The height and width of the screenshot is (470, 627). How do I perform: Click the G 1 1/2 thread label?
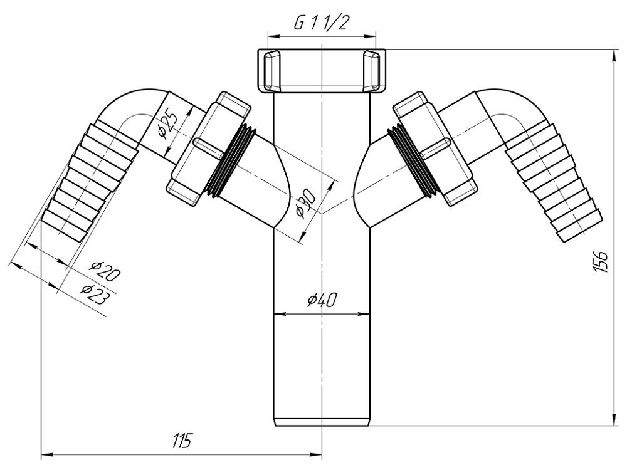click(322, 24)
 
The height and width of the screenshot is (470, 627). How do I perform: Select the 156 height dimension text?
click(599, 261)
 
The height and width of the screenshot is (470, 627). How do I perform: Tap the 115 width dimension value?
click(181, 441)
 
